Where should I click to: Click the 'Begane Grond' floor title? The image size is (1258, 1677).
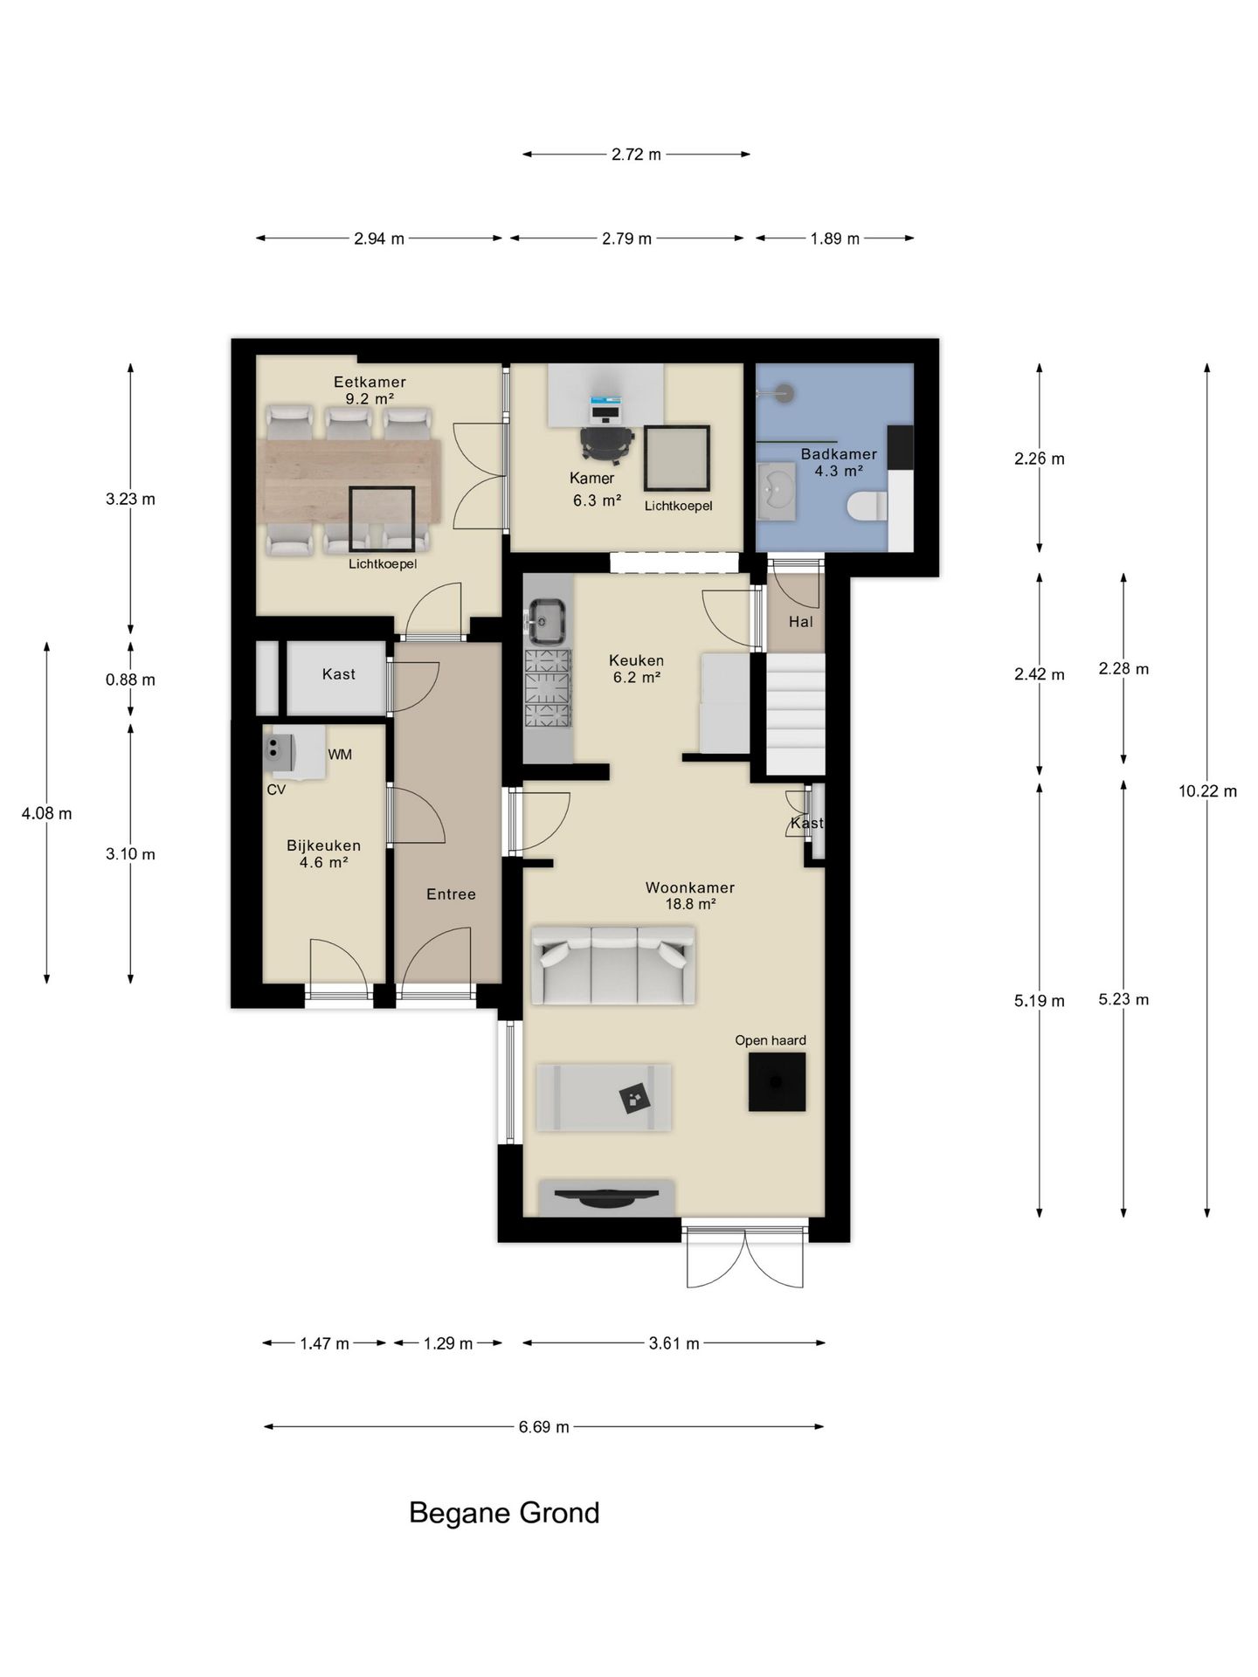tap(504, 1513)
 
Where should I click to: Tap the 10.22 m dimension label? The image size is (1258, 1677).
tap(1207, 791)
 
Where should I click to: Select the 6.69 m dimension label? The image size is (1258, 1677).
tap(543, 1427)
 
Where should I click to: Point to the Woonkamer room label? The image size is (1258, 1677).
tap(690, 887)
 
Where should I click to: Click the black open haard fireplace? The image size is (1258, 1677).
tap(777, 1081)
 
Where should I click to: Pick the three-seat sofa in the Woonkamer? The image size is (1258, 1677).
tap(613, 965)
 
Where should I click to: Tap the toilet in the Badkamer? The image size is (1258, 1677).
tap(867, 506)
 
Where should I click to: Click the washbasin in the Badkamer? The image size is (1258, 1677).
tap(776, 492)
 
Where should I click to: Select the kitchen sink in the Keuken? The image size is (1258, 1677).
tap(548, 621)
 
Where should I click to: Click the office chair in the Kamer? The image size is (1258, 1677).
tap(606, 442)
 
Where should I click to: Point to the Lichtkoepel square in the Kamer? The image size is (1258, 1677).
tap(677, 459)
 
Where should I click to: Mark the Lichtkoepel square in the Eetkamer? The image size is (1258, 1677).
tap(382, 520)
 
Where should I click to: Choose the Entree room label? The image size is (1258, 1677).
tap(451, 894)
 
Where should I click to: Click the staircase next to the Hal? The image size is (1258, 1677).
tap(796, 714)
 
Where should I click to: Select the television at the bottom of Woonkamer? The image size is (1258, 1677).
tap(607, 1197)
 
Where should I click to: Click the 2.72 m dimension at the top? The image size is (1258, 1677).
tap(636, 155)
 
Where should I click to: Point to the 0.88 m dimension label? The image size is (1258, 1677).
tap(131, 680)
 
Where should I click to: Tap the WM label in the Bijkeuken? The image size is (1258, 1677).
tap(340, 755)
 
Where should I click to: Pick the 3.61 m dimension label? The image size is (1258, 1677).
tap(674, 1343)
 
